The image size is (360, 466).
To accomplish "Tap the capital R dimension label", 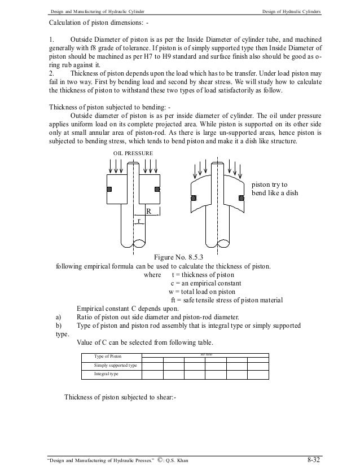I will pyautogui.click(x=149, y=210).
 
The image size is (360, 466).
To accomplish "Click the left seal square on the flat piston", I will pyautogui.click(x=110, y=188).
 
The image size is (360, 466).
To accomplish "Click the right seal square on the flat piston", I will pyautogui.click(x=157, y=188).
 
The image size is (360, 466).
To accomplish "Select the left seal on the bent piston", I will pyautogui.click(x=194, y=197).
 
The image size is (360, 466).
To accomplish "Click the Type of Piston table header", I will pyautogui.click(x=108, y=356).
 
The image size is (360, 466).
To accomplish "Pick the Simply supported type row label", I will pyautogui.click(x=116, y=366).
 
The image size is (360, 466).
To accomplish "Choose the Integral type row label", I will pyautogui.click(x=106, y=374).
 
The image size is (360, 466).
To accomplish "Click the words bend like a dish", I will pyautogui.click(x=271, y=194).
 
